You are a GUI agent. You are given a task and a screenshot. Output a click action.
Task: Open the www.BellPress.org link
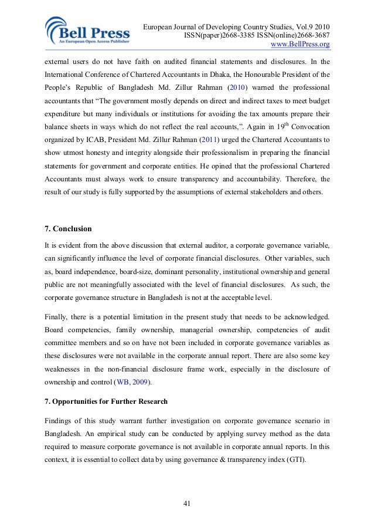[298, 44]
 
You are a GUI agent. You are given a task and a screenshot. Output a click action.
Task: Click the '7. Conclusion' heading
[68, 228]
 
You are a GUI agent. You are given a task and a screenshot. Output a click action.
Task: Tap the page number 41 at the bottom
[187, 503]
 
